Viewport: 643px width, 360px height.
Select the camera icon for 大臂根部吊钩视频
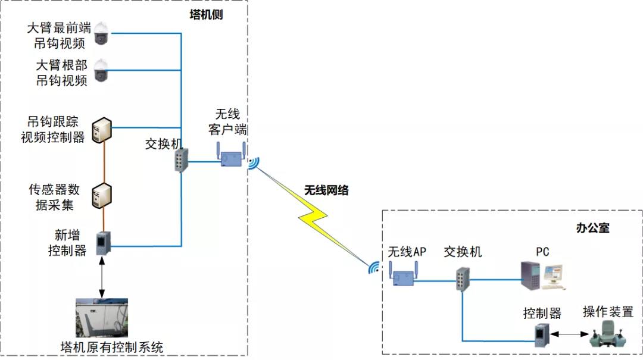[102, 70]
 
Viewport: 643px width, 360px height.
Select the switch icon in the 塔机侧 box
[181, 160]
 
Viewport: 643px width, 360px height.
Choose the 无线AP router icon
[403, 275]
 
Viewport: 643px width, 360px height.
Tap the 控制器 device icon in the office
[541, 335]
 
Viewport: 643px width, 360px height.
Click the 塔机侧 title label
[202, 15]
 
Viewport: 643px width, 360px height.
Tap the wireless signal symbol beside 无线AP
[374, 268]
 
